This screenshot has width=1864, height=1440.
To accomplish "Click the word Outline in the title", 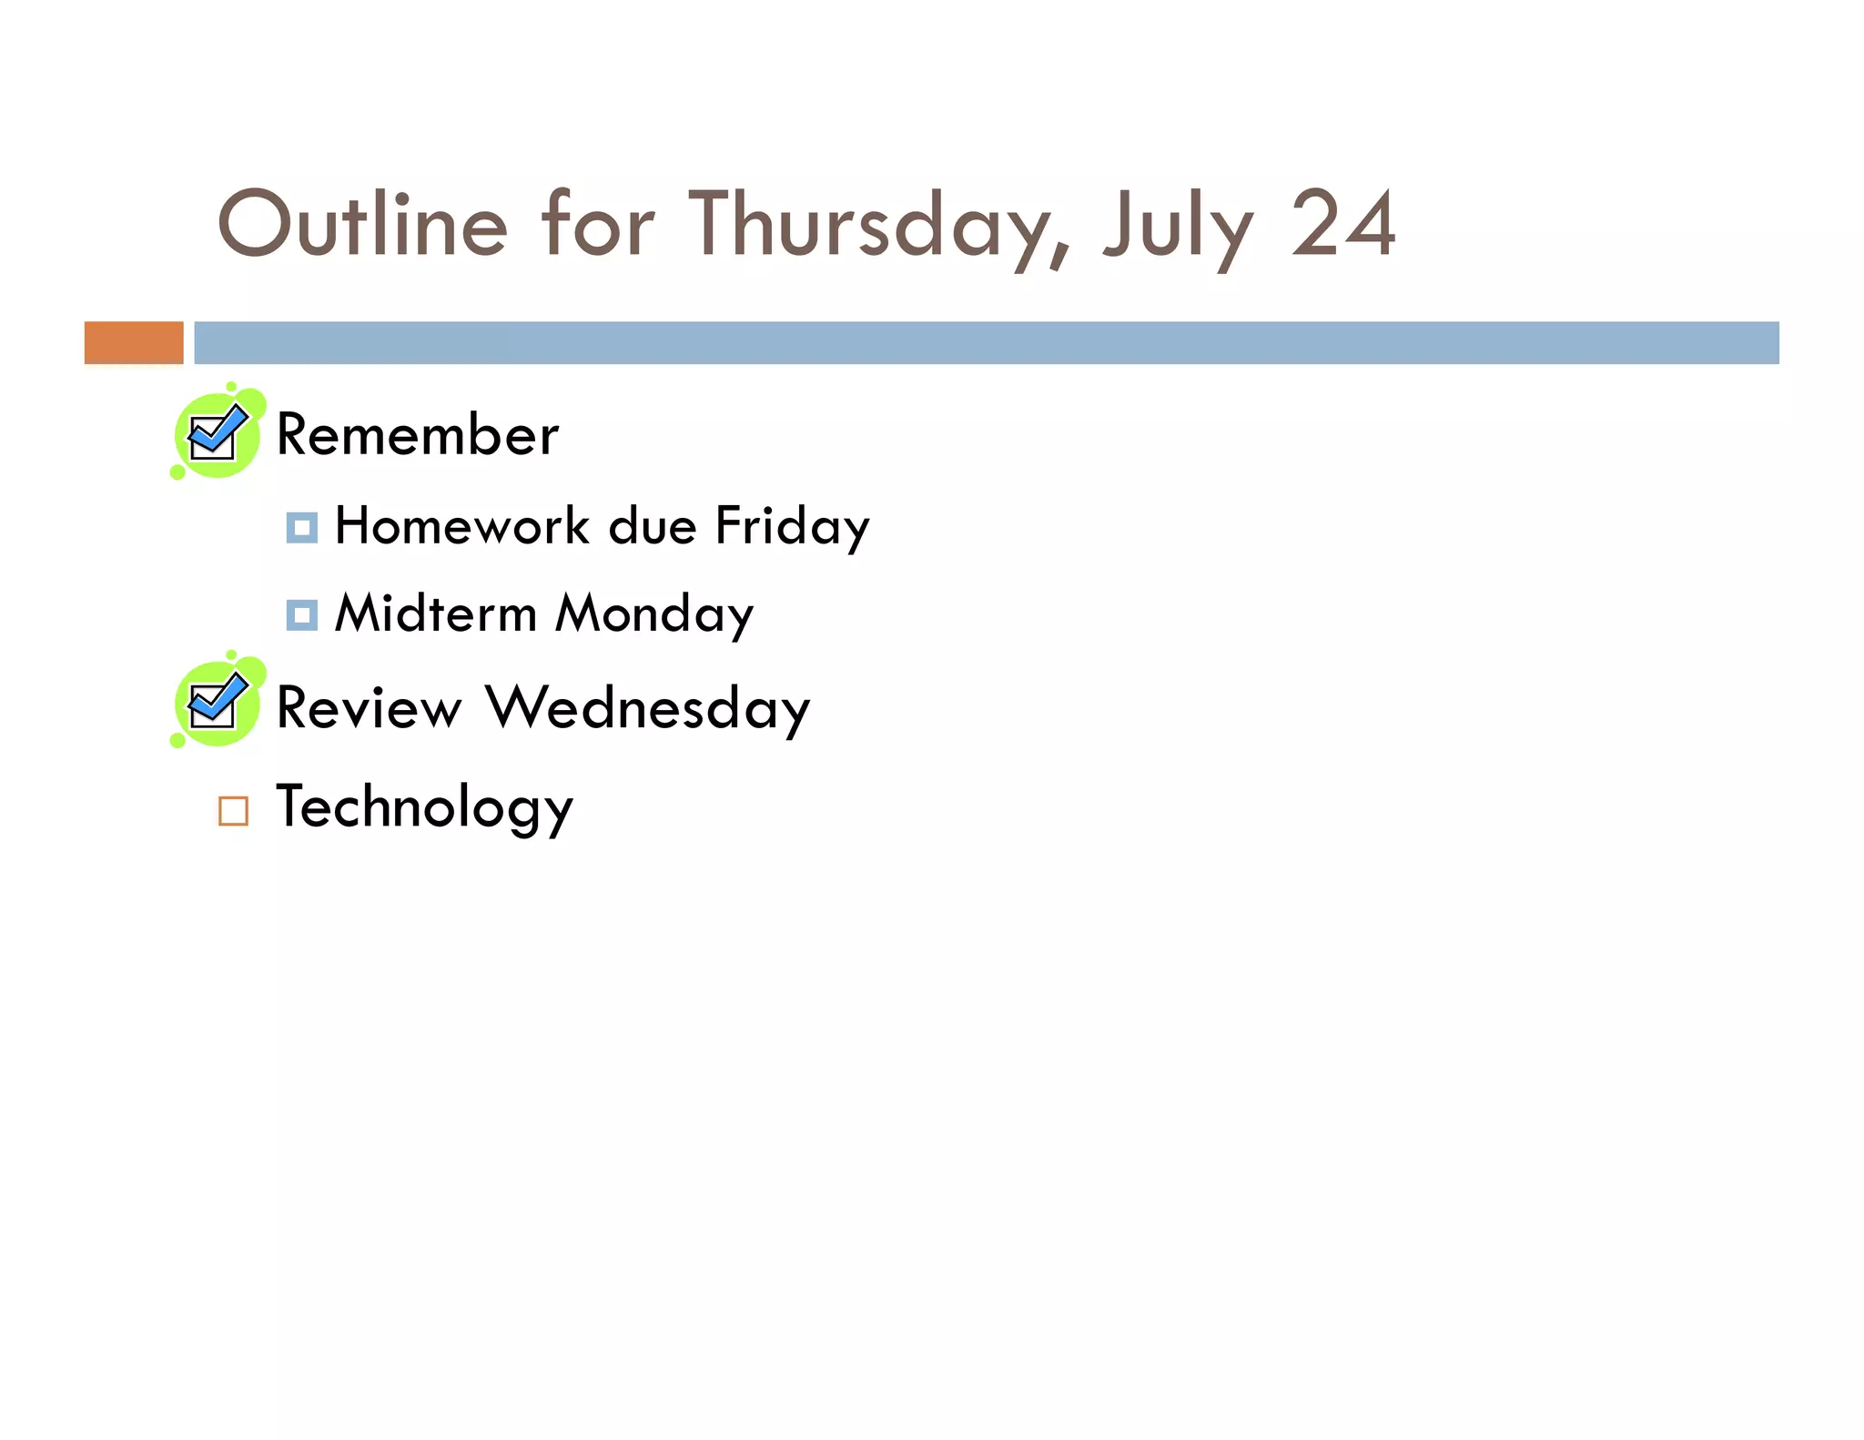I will [x=361, y=225].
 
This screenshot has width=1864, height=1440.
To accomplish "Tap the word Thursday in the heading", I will [x=878, y=225].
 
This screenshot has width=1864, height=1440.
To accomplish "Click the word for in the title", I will [x=597, y=225].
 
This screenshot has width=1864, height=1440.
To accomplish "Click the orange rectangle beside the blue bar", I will [x=134, y=342].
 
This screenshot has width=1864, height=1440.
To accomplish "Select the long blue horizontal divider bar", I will [x=986, y=342].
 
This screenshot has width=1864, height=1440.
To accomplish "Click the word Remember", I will [x=417, y=435].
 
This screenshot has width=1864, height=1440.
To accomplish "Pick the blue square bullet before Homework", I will [x=301, y=528].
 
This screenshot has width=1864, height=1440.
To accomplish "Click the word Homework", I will [x=462, y=526].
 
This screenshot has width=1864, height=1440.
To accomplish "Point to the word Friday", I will [x=792, y=526].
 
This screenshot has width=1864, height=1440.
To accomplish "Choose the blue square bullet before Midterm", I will [x=301, y=615].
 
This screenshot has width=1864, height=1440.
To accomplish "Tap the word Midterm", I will [x=436, y=614].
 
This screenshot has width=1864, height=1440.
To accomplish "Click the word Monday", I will [x=654, y=614].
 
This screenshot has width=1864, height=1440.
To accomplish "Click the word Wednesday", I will [x=647, y=708].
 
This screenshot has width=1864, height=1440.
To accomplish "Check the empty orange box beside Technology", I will [x=233, y=810].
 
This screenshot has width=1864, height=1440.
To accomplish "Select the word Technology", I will [x=424, y=807].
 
